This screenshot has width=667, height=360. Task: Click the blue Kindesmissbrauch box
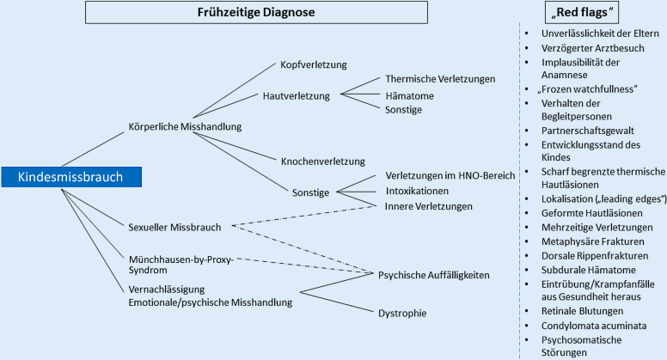pos(70,177)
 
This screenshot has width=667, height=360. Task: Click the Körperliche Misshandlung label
pos(184,127)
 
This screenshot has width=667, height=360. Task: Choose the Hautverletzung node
pos(296,95)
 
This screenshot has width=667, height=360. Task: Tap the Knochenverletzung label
pos(322,161)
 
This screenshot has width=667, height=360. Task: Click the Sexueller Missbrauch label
pos(174,228)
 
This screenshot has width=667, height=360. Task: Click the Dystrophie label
pos(402,313)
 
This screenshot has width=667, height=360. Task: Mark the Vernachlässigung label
pos(171,290)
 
